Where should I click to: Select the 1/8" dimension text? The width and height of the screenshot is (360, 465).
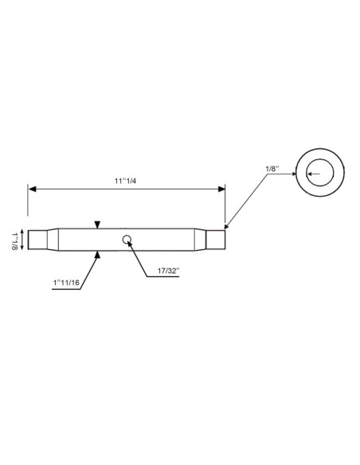(x=272, y=168)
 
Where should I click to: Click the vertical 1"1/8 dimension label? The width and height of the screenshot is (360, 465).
(x=14, y=240)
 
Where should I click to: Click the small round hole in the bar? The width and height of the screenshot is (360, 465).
(x=127, y=238)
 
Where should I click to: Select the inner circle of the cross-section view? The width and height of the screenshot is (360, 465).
(x=319, y=172)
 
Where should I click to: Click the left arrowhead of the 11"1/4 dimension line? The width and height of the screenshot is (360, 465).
(x=33, y=190)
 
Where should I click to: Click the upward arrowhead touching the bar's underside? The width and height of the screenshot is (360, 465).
(x=97, y=254)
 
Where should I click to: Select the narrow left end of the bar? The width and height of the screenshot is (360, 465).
(x=36, y=238)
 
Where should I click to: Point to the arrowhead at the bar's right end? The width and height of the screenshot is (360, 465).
(x=227, y=227)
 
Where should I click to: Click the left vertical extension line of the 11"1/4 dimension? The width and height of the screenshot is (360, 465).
(x=29, y=203)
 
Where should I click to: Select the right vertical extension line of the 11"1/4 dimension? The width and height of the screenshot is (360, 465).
(x=225, y=203)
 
